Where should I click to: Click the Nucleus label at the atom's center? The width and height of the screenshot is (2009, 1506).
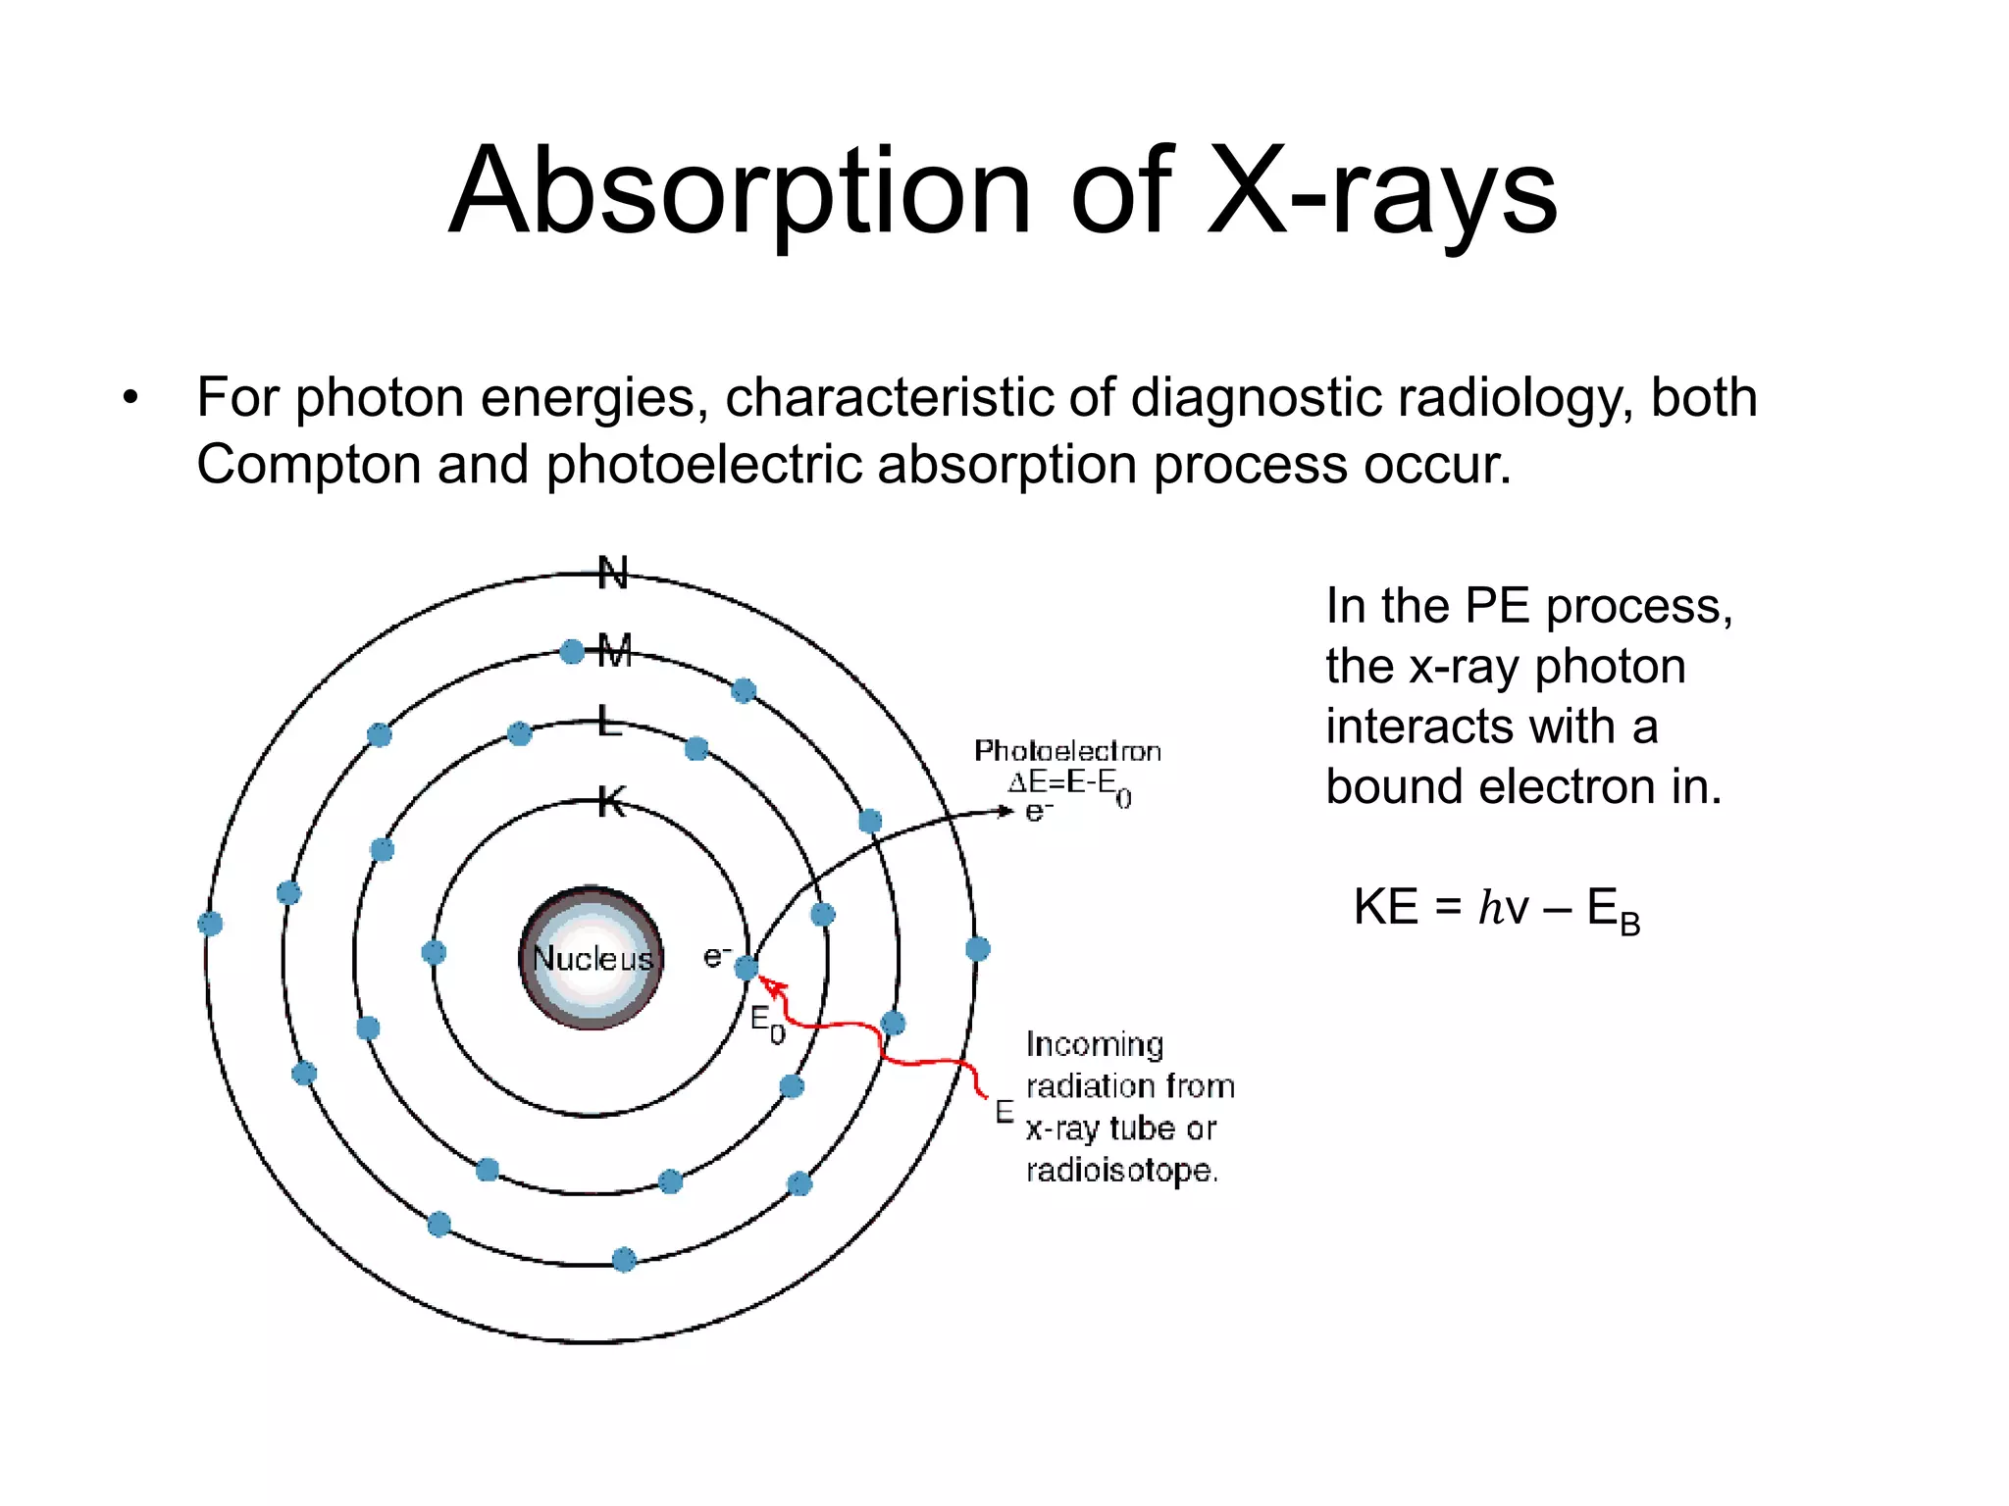pyautogui.click(x=592, y=958)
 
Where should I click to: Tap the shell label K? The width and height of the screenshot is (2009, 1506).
pyautogui.click(x=611, y=803)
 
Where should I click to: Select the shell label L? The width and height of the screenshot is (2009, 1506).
pyautogui.click(x=609, y=724)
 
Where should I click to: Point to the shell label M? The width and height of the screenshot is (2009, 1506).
pyautogui.click(x=615, y=650)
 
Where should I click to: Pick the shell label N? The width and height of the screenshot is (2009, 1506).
pyautogui.click(x=613, y=573)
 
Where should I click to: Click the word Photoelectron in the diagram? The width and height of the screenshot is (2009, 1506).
pyautogui.click(x=1067, y=751)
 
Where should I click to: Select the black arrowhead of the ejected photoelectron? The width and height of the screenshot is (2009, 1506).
pyautogui.click(x=1005, y=811)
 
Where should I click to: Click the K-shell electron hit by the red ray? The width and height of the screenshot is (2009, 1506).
pyautogui.click(x=747, y=969)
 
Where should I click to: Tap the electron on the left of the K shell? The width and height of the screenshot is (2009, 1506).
pyautogui.click(x=434, y=952)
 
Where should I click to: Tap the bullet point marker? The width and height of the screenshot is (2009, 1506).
pyautogui.click(x=130, y=399)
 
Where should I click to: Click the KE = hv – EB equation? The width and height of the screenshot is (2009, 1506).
pyautogui.click(x=1496, y=908)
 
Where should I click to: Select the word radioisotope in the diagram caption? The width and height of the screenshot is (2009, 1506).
pyautogui.click(x=1121, y=1170)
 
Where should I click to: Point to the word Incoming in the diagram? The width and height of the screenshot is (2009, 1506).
pyautogui.click(x=1095, y=1045)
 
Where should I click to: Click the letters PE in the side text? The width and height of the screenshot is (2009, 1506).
pyautogui.click(x=1498, y=606)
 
